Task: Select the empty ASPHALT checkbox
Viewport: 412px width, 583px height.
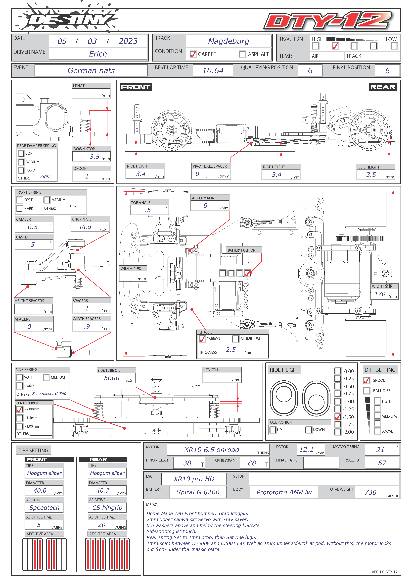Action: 242,54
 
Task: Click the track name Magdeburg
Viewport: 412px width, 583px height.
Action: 229,41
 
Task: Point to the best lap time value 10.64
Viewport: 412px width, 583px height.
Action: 213,70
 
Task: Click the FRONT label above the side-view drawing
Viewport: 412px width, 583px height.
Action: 136,87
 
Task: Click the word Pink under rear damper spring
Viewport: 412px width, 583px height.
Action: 45,176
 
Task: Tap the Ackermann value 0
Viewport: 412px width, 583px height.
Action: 205,205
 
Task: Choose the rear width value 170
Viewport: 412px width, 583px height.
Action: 380,294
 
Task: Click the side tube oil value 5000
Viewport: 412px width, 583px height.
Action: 112,378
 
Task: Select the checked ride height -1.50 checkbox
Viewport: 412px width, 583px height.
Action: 338,417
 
